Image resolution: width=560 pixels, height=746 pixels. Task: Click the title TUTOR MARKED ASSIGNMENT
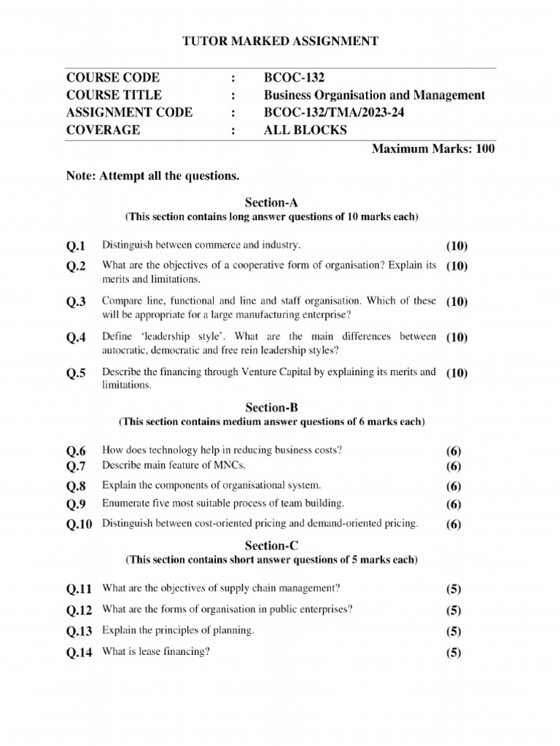pyautogui.click(x=280, y=42)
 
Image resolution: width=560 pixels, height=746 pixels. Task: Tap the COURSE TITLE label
pyautogui.click(x=114, y=95)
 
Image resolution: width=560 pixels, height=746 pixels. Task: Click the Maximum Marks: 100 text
pyautogui.click(x=433, y=149)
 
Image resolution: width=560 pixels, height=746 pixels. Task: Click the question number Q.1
pyautogui.click(x=76, y=246)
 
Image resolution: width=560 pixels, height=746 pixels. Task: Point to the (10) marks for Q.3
pyautogui.click(x=456, y=302)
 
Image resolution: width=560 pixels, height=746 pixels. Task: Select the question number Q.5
pyautogui.click(x=76, y=374)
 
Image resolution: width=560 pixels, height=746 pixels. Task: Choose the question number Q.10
pyautogui.click(x=79, y=524)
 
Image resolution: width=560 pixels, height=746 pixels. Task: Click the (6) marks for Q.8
pyautogui.click(x=454, y=486)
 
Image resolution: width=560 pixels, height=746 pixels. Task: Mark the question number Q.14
pyautogui.click(x=79, y=653)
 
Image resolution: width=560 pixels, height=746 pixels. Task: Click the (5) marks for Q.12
pyautogui.click(x=454, y=610)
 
